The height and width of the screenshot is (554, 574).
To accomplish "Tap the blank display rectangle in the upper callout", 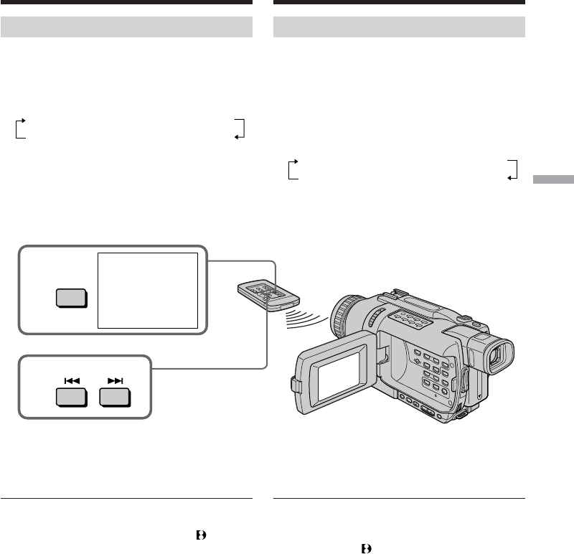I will point(147,290).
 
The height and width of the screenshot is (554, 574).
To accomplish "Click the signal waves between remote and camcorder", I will point(306,319).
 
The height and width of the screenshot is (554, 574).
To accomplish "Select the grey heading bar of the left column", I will point(127,27).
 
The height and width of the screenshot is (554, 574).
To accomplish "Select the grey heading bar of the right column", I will point(400,27).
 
